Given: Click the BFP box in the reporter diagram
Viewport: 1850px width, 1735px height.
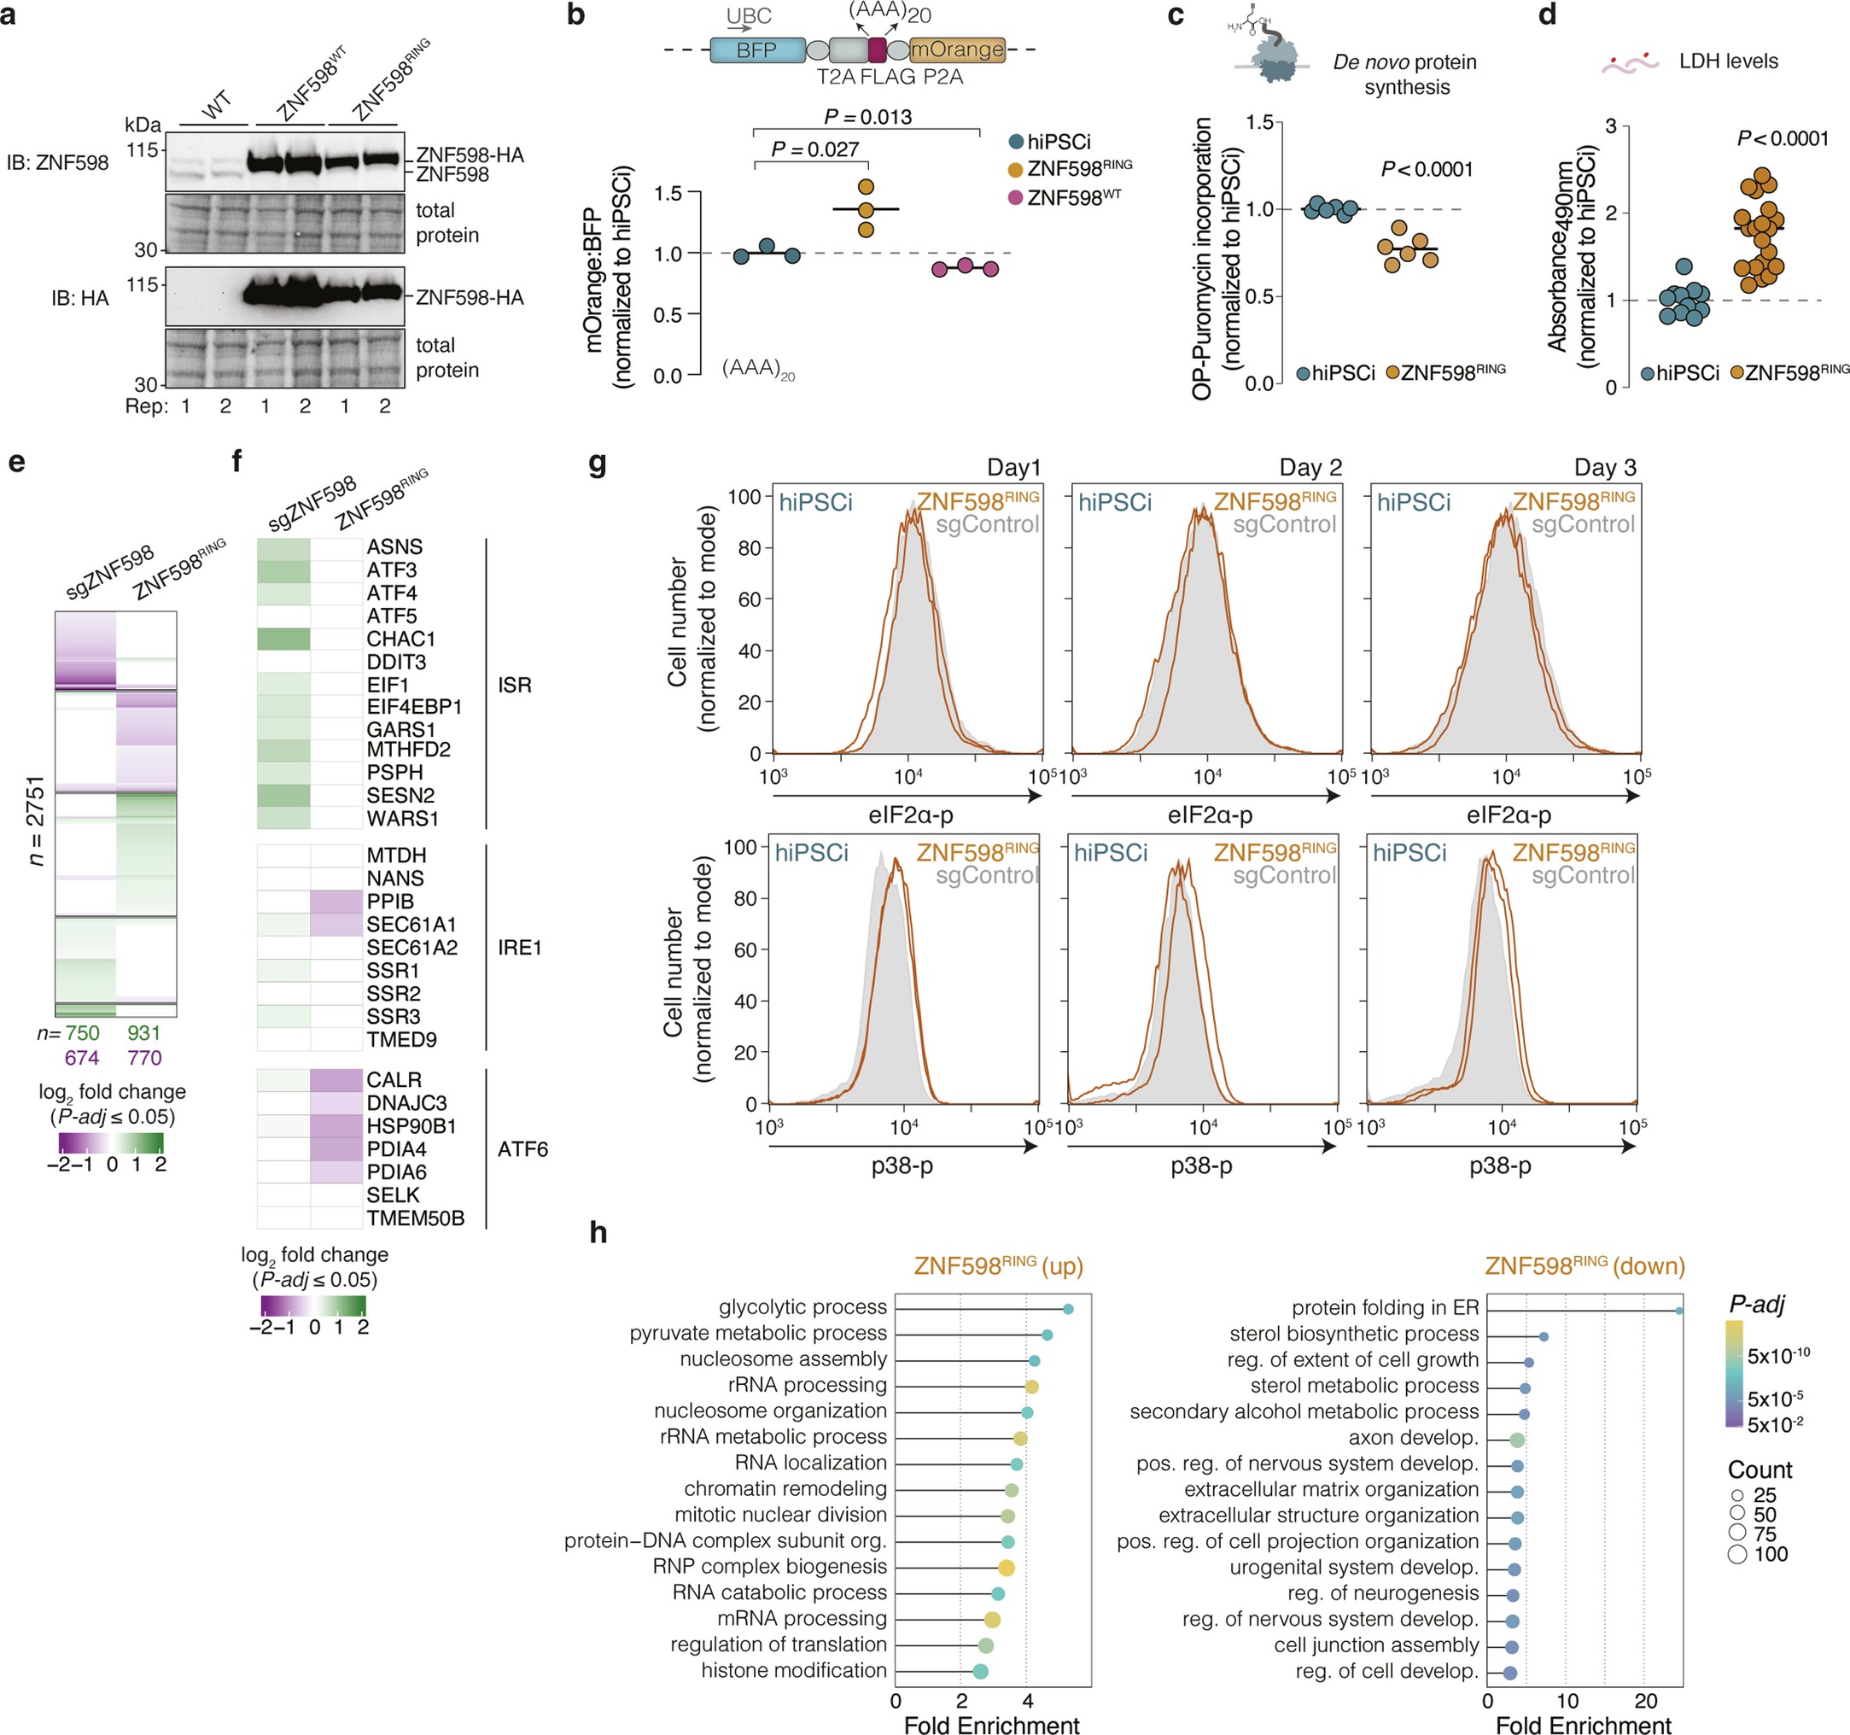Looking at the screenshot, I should tap(756, 50).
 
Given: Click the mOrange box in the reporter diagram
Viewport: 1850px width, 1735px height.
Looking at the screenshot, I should tap(957, 50).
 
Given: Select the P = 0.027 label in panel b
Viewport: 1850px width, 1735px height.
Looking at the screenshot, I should tap(815, 149).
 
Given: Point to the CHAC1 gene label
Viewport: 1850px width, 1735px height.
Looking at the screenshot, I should tap(400, 639).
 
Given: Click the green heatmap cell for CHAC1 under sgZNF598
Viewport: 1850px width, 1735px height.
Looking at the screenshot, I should tap(283, 639).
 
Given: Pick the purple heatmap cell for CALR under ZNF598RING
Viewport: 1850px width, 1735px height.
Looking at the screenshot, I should tap(336, 1080).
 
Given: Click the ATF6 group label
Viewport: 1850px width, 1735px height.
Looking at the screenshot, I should tap(522, 1148).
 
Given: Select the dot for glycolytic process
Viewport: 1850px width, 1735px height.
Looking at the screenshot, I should tap(1068, 1309).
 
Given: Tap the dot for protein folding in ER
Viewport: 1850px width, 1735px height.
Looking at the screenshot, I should tap(1678, 1311).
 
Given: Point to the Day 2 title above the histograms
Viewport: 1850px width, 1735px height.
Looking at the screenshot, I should tap(1310, 467).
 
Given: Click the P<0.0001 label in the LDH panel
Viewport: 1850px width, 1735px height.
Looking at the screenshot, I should tap(1782, 138).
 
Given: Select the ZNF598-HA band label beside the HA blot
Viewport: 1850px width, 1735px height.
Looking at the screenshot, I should tap(469, 298).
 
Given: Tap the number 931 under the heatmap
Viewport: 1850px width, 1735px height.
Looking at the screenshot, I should tap(144, 1033).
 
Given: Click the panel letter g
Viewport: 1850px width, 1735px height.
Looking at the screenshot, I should tap(598, 463).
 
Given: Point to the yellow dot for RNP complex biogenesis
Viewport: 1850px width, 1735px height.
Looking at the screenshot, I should tap(1006, 1568).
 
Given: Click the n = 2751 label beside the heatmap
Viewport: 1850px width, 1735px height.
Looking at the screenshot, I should tap(35, 821).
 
